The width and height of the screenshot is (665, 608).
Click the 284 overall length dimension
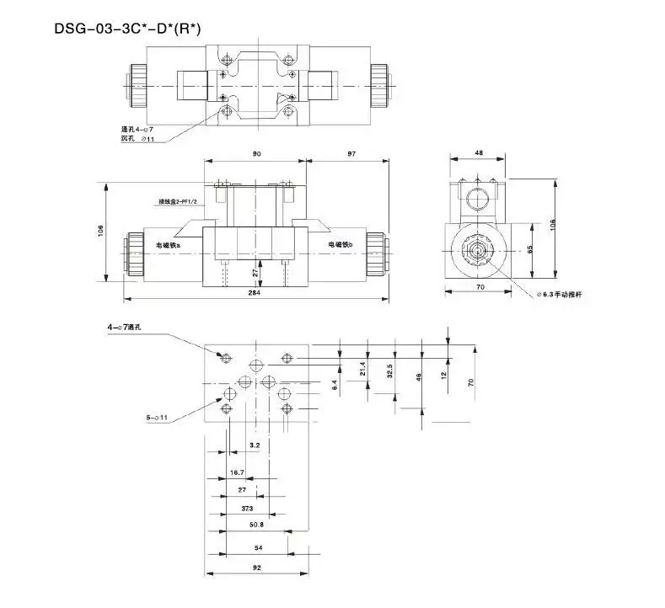pos(255,293)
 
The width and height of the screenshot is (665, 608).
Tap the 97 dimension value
pos(351,153)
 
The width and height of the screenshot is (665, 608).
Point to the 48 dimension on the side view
pos(479,153)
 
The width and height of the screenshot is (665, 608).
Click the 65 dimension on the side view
pos(530,250)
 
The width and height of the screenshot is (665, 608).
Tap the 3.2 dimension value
pos(255,444)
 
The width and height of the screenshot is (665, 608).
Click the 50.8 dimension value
pos(256,524)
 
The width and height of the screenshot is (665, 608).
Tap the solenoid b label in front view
pos(341,244)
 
